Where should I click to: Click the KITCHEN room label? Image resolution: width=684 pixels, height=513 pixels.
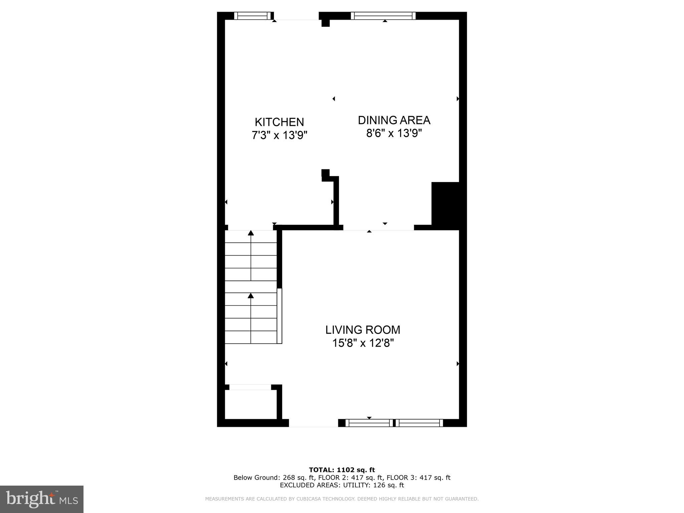point(279,122)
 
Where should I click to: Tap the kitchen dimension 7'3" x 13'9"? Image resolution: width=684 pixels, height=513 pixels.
point(279,135)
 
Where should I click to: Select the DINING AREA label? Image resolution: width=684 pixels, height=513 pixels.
point(394,120)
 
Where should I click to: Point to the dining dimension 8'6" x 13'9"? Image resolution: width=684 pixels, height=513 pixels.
point(394,134)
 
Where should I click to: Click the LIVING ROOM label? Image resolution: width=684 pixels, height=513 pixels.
point(363,330)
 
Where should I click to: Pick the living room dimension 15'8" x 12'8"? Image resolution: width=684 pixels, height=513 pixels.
point(363,343)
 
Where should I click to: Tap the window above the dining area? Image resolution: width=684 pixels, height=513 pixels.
point(383,16)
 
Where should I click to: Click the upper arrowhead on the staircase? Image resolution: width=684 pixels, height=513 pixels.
point(251,233)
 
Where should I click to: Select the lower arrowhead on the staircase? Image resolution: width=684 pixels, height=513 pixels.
point(251,296)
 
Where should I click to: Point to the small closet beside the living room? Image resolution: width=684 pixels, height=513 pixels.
point(250,404)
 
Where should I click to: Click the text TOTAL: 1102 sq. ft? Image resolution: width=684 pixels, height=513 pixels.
point(342,470)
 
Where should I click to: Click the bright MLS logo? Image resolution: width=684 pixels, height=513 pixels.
point(42,499)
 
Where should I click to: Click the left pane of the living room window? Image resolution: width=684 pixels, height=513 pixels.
point(369,423)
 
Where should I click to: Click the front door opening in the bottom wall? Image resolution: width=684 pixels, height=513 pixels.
point(313,423)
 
